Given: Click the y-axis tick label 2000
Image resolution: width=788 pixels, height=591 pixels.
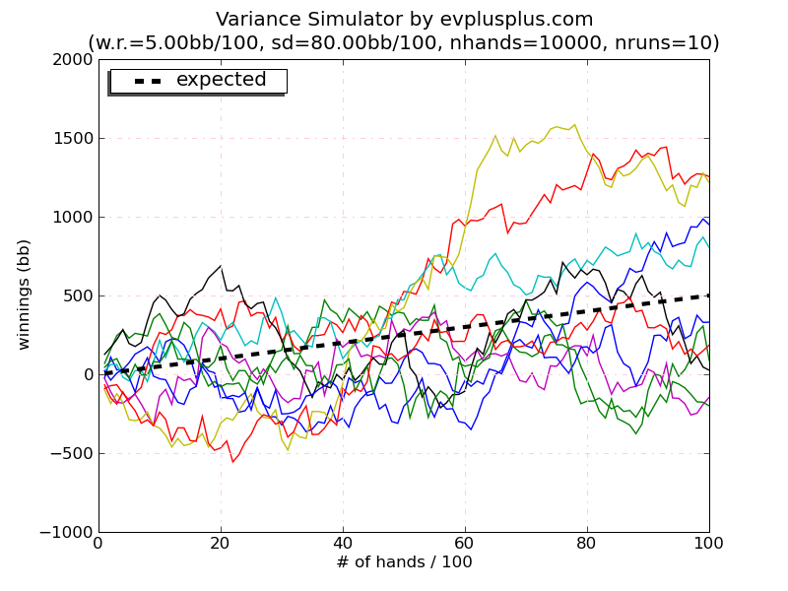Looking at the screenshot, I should coord(72,59).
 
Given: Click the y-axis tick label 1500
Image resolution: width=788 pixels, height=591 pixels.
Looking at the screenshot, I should coord(72,138).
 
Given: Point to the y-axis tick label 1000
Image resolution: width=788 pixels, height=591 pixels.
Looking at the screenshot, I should coord(72,217).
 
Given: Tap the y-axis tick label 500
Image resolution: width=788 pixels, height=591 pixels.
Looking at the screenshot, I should coord(77,295).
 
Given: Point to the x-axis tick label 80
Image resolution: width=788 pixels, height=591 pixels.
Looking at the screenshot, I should coord(587,543).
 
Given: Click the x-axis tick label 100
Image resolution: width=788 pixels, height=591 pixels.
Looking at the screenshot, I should coord(708,543).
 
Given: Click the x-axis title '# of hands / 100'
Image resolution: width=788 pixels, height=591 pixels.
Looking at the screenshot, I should coord(404,562).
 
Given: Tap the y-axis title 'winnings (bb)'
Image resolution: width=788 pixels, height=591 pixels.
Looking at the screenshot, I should coord(25,294).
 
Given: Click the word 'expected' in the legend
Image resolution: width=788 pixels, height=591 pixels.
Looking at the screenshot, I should coord(221,80).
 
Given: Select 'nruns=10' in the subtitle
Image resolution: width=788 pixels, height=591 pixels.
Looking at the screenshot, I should coord(672,43).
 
